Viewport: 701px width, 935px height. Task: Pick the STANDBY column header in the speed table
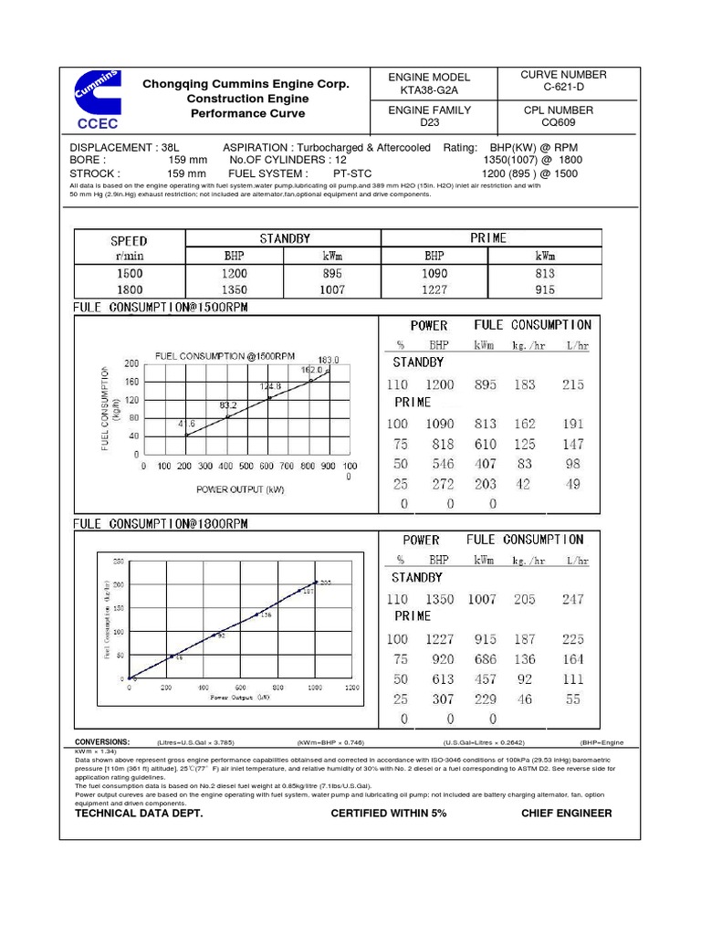pos(283,238)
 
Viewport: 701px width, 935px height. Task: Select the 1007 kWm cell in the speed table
pos(331,289)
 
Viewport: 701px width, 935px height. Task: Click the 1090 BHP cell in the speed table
pos(434,273)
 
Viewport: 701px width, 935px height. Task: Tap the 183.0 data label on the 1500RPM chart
pos(329,360)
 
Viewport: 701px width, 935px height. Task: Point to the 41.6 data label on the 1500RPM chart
pos(185,424)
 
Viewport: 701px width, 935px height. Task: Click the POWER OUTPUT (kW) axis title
pos(241,489)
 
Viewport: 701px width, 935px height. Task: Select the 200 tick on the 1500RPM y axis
pos(131,363)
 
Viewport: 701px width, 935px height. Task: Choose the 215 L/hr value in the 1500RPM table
pos(572,384)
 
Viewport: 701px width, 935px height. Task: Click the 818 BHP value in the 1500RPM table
pos(439,444)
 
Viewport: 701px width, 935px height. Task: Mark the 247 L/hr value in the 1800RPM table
pos(572,599)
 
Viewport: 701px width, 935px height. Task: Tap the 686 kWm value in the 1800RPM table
pos(485,658)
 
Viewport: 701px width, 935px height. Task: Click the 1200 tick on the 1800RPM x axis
pos(352,688)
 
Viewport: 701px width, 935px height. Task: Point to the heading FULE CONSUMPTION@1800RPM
pos(161,524)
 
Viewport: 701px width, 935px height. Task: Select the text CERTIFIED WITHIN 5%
pos(388,813)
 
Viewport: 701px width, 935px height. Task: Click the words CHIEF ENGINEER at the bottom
pos(566,813)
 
